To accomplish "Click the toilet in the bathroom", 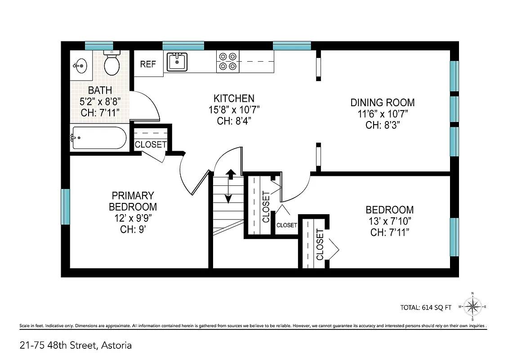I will [x=111, y=63].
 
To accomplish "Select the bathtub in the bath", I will [x=99, y=138].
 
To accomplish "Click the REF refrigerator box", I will [x=148, y=64].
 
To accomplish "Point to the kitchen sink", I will [x=178, y=62].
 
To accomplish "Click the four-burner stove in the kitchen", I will [x=227, y=61].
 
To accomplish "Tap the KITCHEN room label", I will [x=233, y=98].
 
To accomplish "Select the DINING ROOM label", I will [x=383, y=103].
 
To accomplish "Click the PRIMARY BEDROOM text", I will [x=133, y=201].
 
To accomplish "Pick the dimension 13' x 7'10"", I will [x=389, y=221].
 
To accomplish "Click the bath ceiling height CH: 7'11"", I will [x=100, y=112].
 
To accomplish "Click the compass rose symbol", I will [x=472, y=307].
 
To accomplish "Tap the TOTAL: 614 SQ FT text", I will [x=425, y=308].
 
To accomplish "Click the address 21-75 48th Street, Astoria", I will [x=76, y=346].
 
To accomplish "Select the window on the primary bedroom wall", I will [x=66, y=207].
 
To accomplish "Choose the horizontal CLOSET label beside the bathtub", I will [x=151, y=145].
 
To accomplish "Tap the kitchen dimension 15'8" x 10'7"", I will [x=233, y=109].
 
